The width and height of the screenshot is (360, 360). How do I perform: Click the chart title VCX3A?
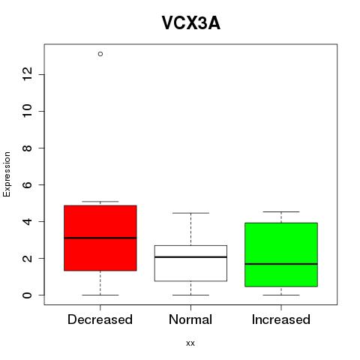191,23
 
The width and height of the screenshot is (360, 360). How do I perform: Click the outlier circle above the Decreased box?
100,54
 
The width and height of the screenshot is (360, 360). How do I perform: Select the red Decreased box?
100,238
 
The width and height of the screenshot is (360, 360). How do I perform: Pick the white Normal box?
190,263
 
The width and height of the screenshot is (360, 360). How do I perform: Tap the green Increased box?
281,254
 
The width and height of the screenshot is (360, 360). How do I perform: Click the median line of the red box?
100,238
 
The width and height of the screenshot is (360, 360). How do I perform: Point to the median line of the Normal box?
190,257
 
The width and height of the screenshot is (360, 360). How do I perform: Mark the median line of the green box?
281,264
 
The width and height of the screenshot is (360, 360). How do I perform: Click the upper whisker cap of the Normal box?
190,213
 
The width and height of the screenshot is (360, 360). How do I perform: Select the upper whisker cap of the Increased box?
281,211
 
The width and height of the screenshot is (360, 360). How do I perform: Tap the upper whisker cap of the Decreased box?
100,202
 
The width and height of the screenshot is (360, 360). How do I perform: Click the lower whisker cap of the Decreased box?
100,295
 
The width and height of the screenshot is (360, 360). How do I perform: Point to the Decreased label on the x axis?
100,319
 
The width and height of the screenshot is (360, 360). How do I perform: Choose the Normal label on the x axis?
190,319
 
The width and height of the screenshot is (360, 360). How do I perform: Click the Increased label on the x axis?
281,319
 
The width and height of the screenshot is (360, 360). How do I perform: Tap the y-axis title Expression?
7,174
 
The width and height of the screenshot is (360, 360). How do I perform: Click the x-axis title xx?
190,343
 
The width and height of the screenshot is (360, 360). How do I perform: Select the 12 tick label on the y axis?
27,74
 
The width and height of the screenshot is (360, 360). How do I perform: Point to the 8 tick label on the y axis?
27,148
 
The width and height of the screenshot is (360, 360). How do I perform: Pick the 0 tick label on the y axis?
27,295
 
